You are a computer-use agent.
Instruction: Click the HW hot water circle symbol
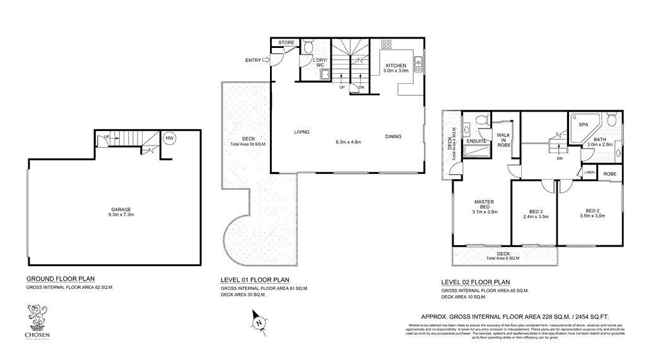coord(168,139)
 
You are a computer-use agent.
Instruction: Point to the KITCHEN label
coord(396,65)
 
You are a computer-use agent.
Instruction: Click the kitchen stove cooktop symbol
coord(386,45)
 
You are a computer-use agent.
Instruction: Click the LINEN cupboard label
coord(589,173)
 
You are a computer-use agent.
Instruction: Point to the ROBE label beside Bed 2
coord(609,174)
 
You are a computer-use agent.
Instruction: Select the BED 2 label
coord(591,211)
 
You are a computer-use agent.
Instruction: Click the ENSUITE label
coord(476,141)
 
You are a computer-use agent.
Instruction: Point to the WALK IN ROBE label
coord(503,140)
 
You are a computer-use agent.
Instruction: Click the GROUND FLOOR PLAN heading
coord(60,279)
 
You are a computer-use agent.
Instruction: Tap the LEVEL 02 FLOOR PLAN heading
coord(475,282)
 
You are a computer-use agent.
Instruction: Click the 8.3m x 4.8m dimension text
coord(348,142)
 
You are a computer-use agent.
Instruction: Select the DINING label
coord(393,137)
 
